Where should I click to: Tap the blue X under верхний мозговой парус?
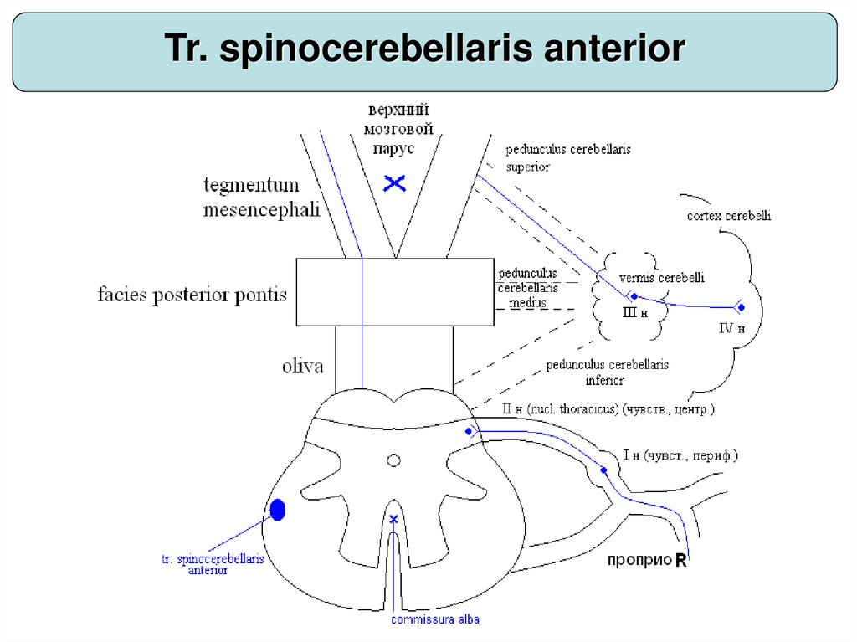[394, 182]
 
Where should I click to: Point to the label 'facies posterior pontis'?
[192, 295]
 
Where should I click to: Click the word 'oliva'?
[302, 366]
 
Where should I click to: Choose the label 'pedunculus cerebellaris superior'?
[567, 157]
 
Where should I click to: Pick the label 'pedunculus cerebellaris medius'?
[528, 288]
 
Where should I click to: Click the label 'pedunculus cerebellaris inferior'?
[607, 372]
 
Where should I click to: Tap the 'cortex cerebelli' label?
[729, 216]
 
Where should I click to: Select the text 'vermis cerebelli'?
[650, 278]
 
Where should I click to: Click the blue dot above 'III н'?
[634, 296]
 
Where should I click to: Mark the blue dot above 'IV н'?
[737, 307]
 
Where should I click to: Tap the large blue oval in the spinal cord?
[278, 509]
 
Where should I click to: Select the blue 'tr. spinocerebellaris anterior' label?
[212, 564]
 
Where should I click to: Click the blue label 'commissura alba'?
[435, 620]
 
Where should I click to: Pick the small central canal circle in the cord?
[393, 460]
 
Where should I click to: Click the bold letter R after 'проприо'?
[681, 562]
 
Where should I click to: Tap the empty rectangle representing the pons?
[395, 291]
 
